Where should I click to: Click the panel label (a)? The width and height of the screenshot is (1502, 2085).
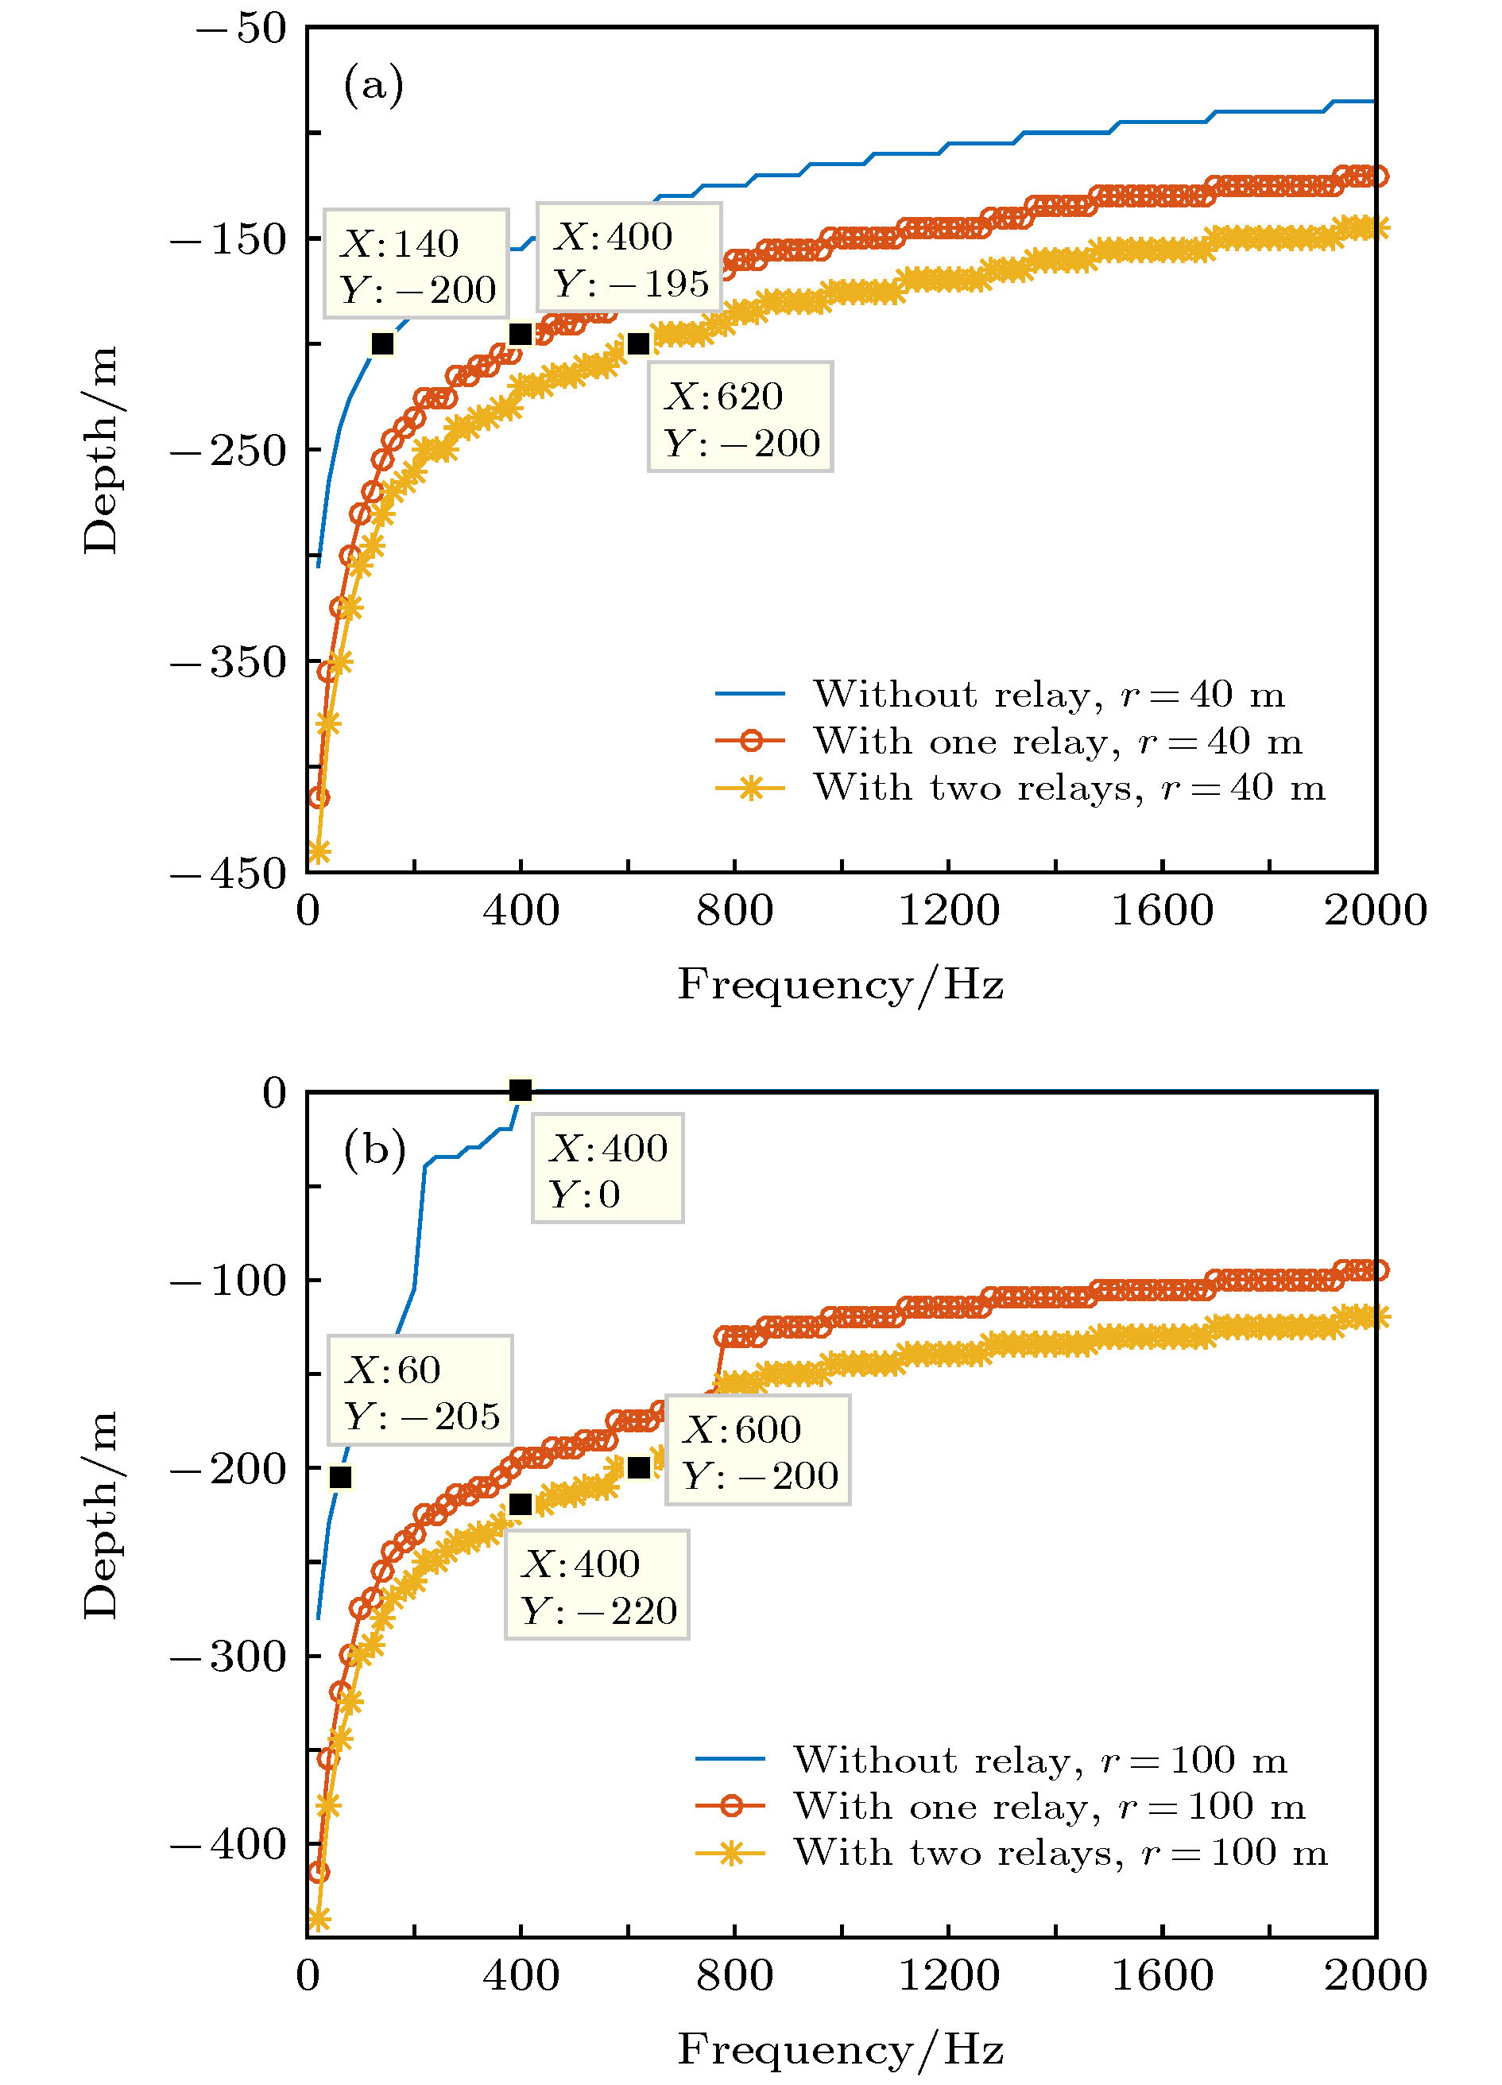click(374, 86)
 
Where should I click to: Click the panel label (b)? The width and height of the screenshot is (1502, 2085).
click(374, 1149)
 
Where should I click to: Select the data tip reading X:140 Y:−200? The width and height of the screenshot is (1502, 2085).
click(416, 265)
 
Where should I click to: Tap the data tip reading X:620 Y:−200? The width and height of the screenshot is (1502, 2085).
click(740, 417)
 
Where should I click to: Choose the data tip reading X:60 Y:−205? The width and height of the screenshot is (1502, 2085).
click(420, 1392)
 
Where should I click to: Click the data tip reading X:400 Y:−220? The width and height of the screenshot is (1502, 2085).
click(597, 1585)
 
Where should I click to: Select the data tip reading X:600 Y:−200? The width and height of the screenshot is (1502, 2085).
click(757, 1451)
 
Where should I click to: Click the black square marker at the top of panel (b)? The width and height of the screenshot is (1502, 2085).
click(521, 1091)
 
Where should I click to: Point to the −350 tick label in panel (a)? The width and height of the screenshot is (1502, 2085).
click(229, 662)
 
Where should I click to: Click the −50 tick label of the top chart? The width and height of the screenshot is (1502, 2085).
click(241, 29)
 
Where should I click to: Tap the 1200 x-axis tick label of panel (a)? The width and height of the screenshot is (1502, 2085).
click(948, 911)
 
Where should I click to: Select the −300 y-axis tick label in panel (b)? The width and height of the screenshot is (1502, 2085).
click(229, 1656)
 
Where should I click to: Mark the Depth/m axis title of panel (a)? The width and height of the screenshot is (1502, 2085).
click(101, 450)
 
